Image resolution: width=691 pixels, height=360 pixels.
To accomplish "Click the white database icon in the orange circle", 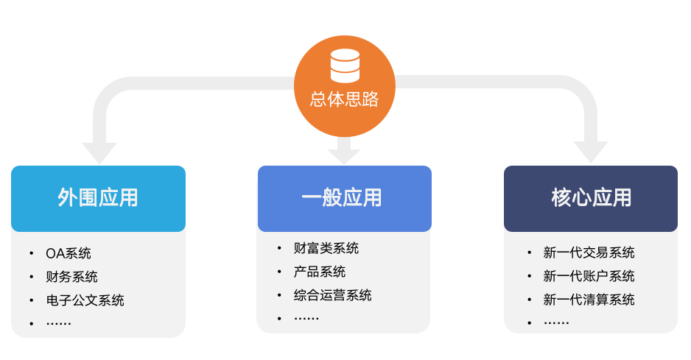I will tap(345, 66).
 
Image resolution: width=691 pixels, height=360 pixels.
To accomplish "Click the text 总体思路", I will tap(345, 98).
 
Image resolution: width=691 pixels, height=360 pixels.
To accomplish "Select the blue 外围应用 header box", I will tap(98, 198).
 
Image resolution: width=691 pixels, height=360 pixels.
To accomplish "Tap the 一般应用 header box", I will tap(344, 198).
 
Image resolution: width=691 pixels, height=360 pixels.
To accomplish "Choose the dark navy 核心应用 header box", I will tap(591, 198).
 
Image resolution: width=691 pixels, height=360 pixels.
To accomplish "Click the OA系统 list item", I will tap(69, 253).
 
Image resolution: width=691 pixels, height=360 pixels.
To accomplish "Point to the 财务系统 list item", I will tap(71, 277).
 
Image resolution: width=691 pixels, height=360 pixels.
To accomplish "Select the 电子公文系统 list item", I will tap(85, 300).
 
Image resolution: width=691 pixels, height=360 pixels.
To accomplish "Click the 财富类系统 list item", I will tap(326, 248).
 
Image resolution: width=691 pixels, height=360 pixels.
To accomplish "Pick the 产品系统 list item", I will tap(319, 272).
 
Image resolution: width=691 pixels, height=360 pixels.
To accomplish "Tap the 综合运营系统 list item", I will tap(332, 295).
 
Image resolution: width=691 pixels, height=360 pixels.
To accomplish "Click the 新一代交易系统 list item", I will tap(589, 253).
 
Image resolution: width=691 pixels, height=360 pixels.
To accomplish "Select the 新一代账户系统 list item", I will tap(589, 276).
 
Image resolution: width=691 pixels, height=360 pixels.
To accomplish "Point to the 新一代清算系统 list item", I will tap(589, 300).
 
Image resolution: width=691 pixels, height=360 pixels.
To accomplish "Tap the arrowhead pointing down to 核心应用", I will tap(591, 152).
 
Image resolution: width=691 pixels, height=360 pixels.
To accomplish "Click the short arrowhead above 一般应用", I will tap(344, 155).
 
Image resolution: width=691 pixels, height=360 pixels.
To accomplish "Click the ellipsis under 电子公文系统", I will tap(58, 322).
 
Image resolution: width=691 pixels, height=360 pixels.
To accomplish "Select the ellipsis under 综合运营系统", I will tap(306, 317).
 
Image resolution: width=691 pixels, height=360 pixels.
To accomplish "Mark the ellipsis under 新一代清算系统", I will tap(556, 322).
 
